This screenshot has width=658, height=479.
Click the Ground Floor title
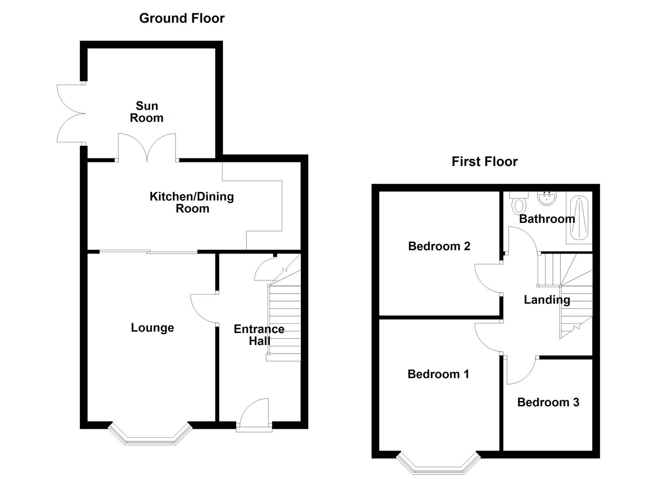(182, 18)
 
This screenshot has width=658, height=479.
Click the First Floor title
(484, 161)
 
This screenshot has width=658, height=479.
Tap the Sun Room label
(147, 112)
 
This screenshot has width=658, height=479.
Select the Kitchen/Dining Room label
(192, 202)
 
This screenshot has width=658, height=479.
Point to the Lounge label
(152, 328)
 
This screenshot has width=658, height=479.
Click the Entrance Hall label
(259, 335)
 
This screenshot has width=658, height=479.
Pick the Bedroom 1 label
(438, 374)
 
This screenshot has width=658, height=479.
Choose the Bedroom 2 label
(439, 246)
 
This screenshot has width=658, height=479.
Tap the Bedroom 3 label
(548, 402)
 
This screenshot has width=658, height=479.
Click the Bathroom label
(547, 219)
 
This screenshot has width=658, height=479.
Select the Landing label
(547, 300)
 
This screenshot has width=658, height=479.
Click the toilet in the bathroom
(519, 203)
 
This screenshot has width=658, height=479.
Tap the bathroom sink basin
(547, 198)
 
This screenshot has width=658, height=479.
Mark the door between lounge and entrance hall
(204, 309)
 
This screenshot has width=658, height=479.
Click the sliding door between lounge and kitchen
(148, 252)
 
